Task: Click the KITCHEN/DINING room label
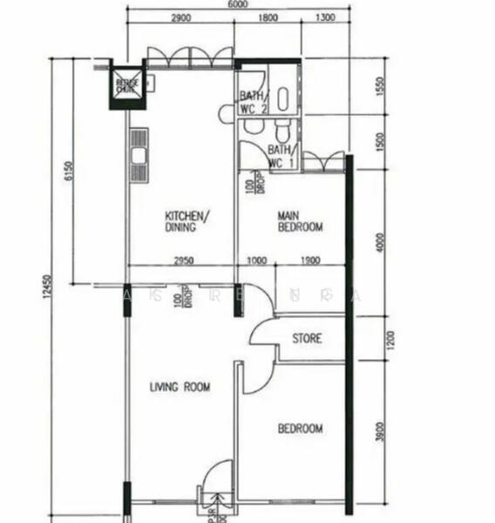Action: (186, 221)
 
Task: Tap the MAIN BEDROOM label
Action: (300, 221)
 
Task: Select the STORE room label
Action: (306, 338)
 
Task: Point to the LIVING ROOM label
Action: (180, 387)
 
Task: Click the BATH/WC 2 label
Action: (253, 103)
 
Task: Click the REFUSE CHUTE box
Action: (126, 85)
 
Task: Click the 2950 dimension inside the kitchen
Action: (181, 261)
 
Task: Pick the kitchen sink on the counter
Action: (139, 157)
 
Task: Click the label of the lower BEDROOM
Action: (300, 428)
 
